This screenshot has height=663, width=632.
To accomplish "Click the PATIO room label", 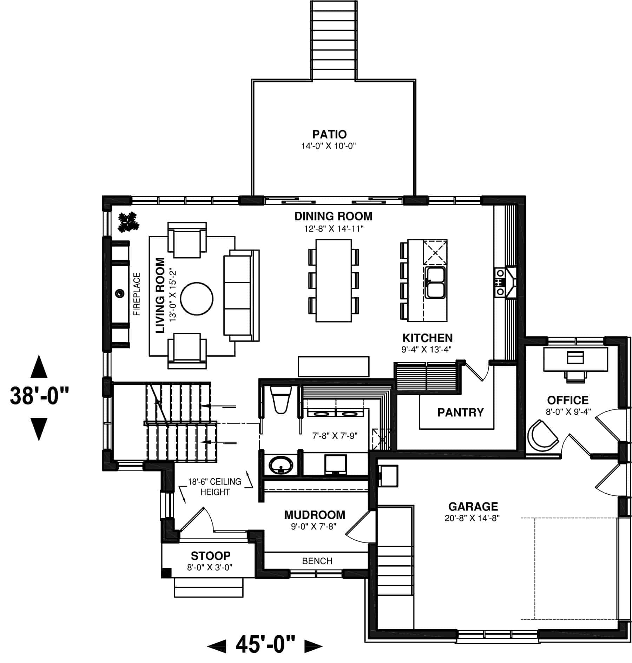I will (x=329, y=134).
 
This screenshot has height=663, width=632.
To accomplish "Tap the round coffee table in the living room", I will (x=197, y=299).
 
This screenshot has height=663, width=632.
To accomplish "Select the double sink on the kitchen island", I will (x=435, y=282).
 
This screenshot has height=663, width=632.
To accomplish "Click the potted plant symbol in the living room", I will (x=129, y=222).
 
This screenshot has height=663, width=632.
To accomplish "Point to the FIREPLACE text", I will (x=137, y=294).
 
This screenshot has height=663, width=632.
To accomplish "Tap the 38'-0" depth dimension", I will (x=39, y=396).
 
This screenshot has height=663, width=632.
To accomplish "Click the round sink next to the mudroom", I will (x=281, y=466).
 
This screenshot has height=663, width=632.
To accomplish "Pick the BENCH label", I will (x=317, y=561).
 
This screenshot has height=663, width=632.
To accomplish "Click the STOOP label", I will (x=210, y=556).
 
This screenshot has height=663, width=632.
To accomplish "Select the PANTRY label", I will (x=460, y=412).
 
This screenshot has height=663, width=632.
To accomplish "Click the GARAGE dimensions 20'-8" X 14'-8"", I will (x=472, y=518).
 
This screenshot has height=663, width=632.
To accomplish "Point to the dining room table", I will (x=334, y=280).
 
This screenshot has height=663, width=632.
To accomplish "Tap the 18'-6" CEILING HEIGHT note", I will (x=215, y=487).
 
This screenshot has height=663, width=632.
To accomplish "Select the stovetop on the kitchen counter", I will (x=500, y=282).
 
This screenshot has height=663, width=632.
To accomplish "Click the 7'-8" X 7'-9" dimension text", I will (x=335, y=436).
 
